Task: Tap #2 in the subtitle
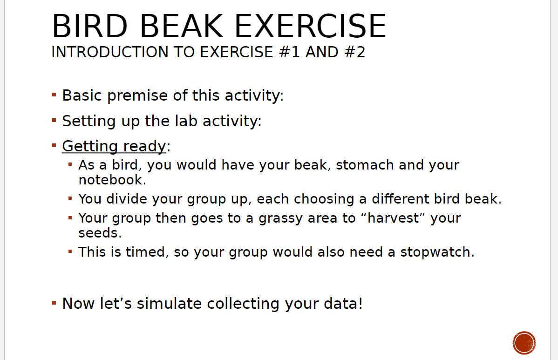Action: point(354,52)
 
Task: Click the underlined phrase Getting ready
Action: point(114,146)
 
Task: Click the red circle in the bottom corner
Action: point(524,343)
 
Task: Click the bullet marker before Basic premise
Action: point(54,95)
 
